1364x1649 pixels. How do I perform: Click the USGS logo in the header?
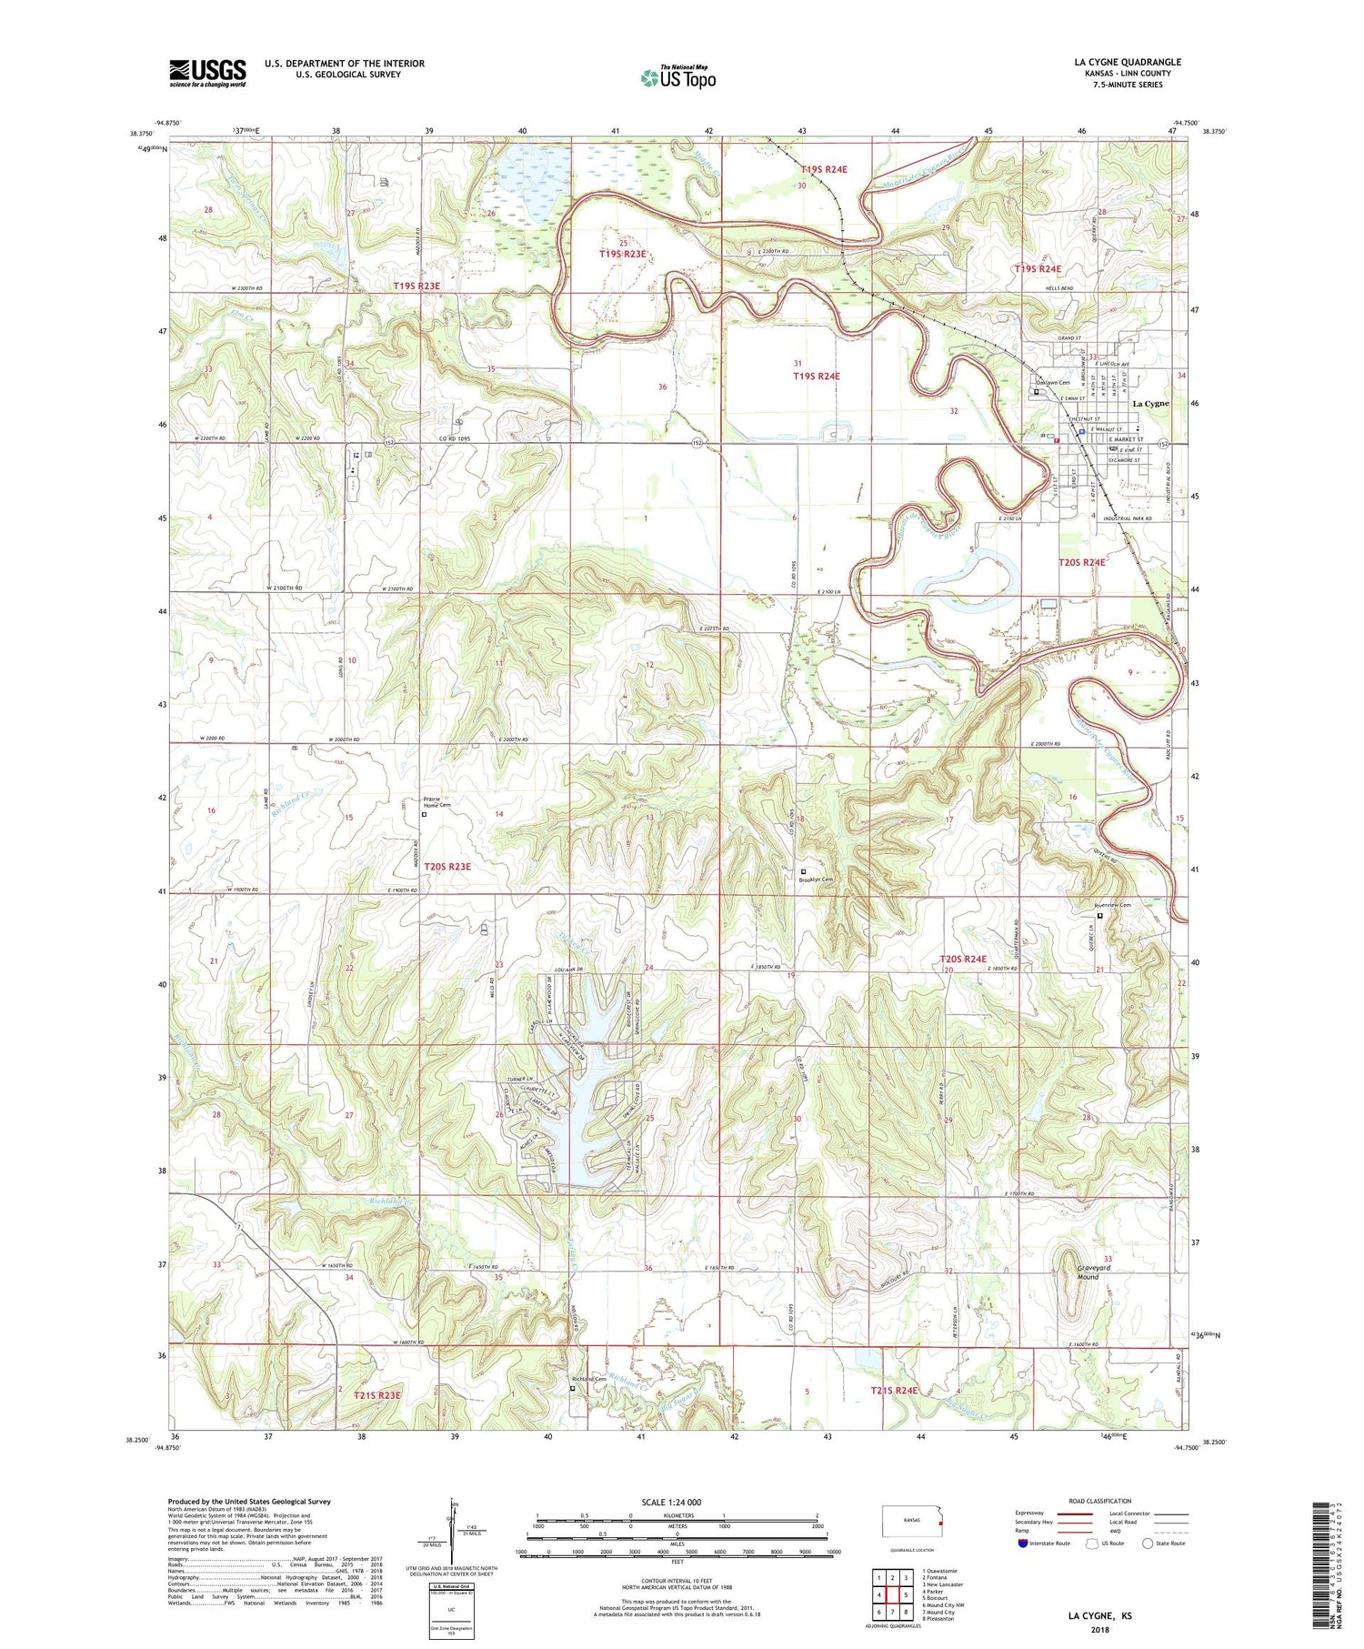[207, 73]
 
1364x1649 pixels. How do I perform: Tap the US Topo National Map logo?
[678, 77]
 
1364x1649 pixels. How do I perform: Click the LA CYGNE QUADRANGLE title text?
[1128, 63]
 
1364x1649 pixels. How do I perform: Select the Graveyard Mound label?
[1082, 1272]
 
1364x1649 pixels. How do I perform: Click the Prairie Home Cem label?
[438, 803]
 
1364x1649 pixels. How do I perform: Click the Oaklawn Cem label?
[1053, 383]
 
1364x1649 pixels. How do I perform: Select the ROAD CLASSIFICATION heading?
[1100, 1501]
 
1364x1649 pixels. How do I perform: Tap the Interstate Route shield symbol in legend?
[1023, 1543]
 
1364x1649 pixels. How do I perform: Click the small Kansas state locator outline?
[913, 1519]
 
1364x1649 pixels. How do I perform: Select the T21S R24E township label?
[895, 1391]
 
